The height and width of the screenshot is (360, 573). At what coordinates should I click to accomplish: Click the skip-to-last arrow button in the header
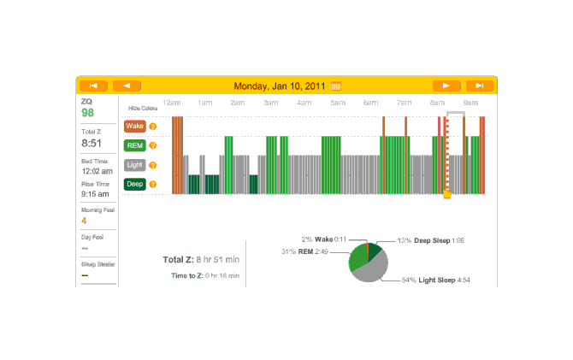tap(480, 86)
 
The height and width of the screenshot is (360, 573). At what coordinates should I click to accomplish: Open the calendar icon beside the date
tap(336, 86)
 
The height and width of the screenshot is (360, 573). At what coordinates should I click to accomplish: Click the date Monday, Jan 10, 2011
tap(281, 86)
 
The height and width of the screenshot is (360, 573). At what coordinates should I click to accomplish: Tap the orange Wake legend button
tap(134, 126)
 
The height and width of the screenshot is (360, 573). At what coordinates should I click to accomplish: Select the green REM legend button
tap(134, 145)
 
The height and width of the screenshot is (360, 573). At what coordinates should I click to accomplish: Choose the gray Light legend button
tap(134, 165)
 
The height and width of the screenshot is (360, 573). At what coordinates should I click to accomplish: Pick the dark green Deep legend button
tap(134, 184)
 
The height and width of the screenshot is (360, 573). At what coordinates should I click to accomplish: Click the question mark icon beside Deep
tap(153, 184)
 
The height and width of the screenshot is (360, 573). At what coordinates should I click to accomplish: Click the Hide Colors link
tap(143, 109)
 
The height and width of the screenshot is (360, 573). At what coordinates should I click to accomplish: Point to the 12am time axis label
tap(171, 103)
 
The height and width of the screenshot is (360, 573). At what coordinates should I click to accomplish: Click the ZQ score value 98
tap(87, 113)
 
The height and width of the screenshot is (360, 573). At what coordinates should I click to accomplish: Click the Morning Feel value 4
tap(84, 221)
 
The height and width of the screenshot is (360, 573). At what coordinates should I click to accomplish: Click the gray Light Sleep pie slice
tap(374, 269)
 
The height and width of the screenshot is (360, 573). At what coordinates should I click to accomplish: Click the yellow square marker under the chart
tap(446, 195)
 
